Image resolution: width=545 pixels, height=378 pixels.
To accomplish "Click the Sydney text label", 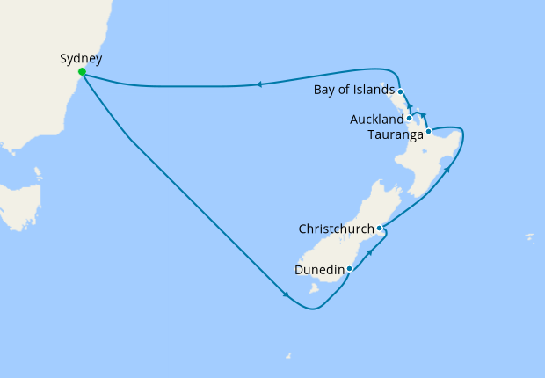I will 81,59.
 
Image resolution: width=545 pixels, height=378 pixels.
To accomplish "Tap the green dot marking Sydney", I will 82,72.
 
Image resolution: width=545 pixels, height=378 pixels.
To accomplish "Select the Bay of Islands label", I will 353,91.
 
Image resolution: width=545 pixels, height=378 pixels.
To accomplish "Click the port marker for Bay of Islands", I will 400,91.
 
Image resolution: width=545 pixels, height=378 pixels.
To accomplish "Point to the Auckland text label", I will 376,118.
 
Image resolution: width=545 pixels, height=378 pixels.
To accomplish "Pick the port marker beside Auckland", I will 410,118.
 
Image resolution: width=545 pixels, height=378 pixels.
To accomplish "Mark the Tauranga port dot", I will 428,132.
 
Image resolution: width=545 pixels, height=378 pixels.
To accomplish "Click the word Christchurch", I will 336,229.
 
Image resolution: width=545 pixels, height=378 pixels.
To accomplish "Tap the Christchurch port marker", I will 379,229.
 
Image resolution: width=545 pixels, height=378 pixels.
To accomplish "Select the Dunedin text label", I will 321,269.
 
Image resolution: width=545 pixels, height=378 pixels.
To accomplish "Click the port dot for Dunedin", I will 349,268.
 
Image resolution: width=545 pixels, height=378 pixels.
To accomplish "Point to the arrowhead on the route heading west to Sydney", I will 259,84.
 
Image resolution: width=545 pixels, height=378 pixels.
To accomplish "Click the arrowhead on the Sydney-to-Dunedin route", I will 286,294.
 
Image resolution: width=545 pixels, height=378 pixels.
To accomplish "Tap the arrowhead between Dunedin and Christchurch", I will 369,251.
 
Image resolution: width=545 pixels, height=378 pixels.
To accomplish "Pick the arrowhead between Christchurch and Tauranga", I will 447,168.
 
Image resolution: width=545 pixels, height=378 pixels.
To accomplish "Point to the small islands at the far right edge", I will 529,236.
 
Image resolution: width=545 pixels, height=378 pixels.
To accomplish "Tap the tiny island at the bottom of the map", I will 287,355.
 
